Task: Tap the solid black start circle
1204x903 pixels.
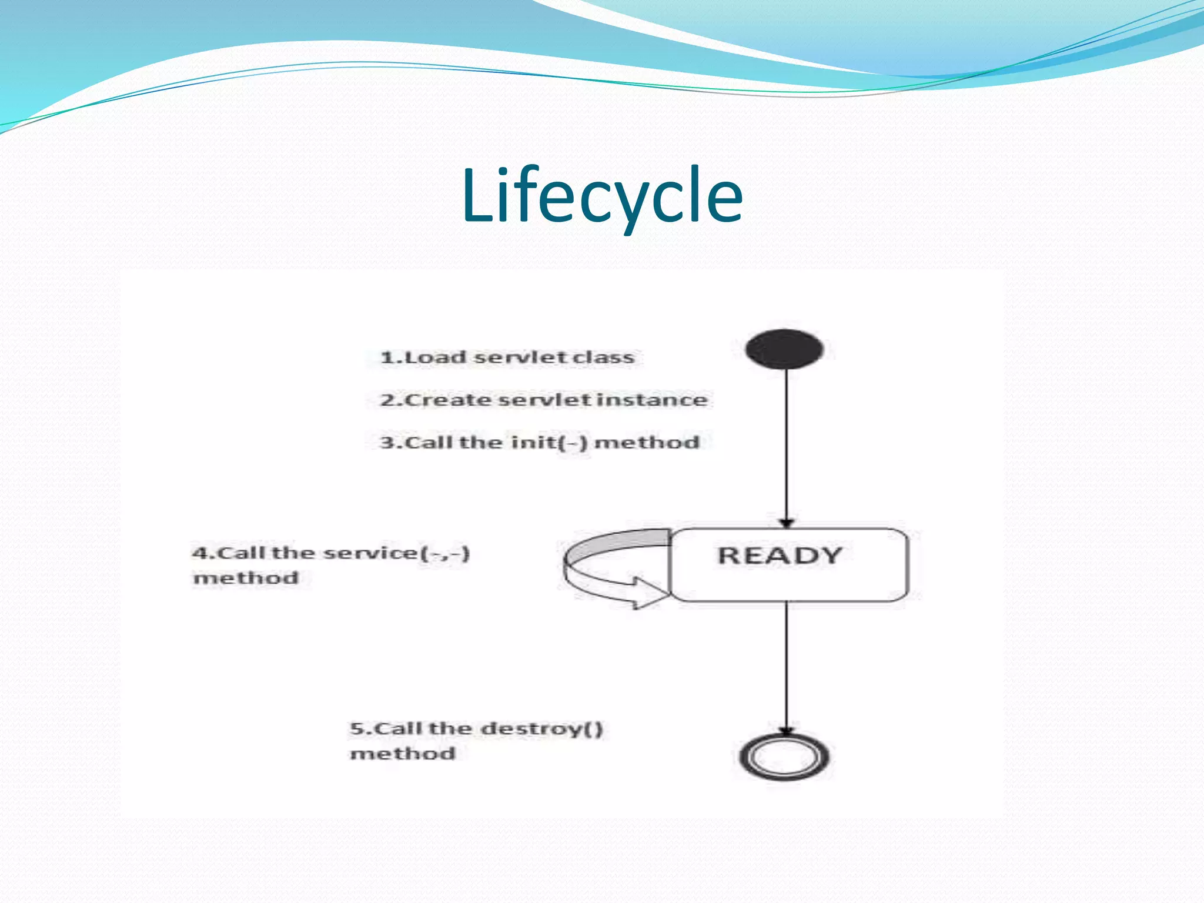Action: point(784,349)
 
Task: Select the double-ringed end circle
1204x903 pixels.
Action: point(784,757)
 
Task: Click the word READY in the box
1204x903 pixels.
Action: point(780,556)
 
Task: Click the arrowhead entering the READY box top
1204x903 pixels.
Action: point(787,523)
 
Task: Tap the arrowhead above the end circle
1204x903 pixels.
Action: point(787,731)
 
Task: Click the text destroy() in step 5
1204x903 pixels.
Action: point(542,729)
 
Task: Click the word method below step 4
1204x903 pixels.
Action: point(246,578)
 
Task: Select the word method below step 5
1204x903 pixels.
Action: point(403,754)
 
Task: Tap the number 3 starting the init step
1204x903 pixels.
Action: point(386,443)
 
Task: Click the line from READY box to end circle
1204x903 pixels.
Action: point(787,664)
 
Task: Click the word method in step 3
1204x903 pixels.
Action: point(647,442)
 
